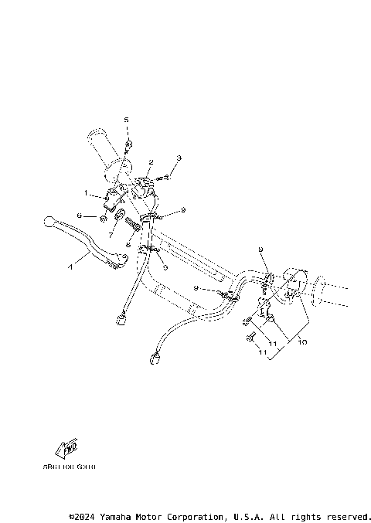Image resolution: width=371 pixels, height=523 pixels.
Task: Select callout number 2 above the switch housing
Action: pyautogui.click(x=151, y=162)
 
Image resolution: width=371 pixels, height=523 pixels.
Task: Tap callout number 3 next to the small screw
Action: pyautogui.click(x=179, y=158)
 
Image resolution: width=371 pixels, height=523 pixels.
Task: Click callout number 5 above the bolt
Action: pyautogui.click(x=128, y=120)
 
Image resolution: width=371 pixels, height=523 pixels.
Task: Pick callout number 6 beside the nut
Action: pyautogui.click(x=79, y=217)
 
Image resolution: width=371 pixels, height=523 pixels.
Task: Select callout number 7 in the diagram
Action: pyautogui.click(x=111, y=233)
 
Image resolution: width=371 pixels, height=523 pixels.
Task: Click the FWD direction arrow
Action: pyautogui.click(x=70, y=449)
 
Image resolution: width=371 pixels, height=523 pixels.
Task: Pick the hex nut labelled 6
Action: pyautogui.click(x=102, y=218)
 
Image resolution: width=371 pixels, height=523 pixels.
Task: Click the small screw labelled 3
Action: pyautogui.click(x=164, y=178)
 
